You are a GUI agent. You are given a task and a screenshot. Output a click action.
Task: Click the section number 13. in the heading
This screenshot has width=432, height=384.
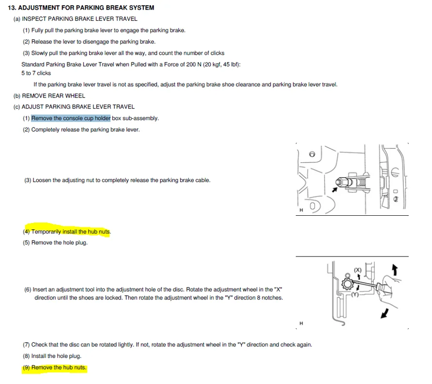12,8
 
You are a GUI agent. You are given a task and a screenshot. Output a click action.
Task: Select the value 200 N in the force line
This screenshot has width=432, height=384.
194,64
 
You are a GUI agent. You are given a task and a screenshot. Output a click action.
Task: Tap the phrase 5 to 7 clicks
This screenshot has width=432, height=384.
36,73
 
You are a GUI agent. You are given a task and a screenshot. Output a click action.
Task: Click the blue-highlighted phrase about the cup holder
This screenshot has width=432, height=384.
71,118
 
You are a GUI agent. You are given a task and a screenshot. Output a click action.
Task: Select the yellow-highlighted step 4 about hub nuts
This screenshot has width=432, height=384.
67,231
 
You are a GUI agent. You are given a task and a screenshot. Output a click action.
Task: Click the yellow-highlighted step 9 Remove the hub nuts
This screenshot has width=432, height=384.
55,368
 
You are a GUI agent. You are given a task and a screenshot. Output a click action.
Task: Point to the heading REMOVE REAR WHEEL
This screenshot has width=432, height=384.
53,96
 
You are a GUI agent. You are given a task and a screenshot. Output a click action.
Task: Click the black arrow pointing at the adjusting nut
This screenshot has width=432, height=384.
335,190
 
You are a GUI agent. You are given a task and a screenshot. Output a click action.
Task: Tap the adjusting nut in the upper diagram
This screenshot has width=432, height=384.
341,182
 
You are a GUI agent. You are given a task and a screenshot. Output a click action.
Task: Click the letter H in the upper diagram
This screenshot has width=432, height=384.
301,210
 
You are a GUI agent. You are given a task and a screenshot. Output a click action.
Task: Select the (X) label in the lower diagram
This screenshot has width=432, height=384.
357,270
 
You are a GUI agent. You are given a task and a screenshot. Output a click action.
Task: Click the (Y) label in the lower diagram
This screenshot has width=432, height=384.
355,294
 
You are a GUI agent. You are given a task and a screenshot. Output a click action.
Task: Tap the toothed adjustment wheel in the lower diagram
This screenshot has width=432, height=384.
347,284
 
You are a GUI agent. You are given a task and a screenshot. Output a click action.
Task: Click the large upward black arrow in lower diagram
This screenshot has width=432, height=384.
395,270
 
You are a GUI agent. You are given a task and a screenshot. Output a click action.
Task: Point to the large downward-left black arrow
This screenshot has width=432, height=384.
385,313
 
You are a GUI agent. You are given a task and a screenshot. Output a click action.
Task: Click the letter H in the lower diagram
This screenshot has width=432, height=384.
301,323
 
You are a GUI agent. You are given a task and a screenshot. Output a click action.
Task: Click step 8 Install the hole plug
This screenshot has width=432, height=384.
52,356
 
